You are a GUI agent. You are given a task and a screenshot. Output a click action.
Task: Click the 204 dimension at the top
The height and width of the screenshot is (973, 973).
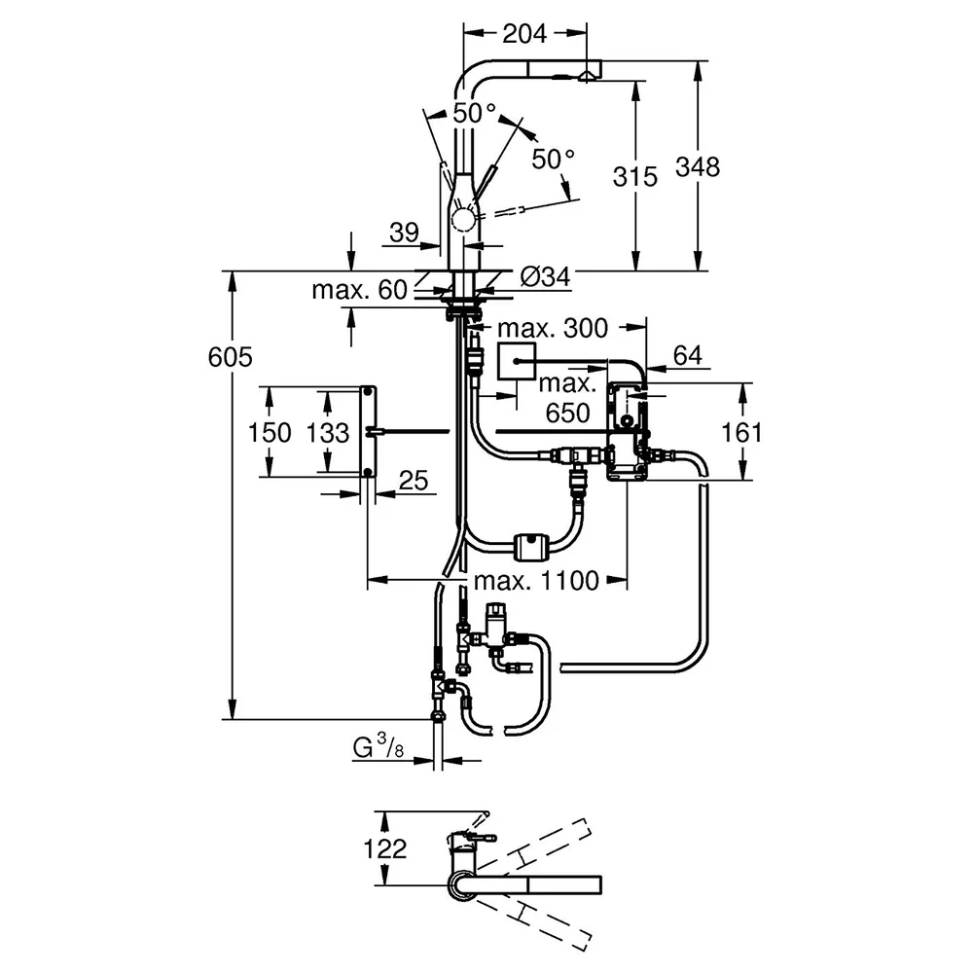point(524,33)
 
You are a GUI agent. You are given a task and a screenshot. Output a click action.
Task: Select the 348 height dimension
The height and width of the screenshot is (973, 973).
point(698,167)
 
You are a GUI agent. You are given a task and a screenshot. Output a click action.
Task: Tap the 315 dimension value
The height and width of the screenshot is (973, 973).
point(634,177)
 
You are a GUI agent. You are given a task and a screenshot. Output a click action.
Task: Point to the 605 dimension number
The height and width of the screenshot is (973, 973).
point(231,357)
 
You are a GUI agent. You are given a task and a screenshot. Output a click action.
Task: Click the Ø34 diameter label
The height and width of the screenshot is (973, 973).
point(545,277)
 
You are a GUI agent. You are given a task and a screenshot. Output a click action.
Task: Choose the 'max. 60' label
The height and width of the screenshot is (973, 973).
point(359,290)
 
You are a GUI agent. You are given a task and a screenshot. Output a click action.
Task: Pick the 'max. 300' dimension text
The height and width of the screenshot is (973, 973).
point(553,328)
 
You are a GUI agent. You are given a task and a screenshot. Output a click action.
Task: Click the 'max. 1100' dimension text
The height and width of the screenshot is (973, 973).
point(537,581)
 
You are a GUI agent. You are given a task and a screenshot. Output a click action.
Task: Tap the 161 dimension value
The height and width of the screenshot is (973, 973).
point(740,433)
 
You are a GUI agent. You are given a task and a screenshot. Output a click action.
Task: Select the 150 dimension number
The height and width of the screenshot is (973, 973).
point(270,433)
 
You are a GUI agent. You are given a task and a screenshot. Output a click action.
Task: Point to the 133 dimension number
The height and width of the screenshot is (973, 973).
point(328,433)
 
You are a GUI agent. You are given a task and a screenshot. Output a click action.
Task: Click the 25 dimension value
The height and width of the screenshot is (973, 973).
point(414,481)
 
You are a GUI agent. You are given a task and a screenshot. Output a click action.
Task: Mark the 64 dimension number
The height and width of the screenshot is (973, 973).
point(688,355)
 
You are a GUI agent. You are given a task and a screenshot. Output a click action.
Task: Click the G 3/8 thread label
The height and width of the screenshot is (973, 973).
point(378,747)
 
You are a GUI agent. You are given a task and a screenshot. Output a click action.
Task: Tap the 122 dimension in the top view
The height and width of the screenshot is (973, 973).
point(384,848)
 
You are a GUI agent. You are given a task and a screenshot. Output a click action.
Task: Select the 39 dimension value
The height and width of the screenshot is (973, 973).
point(404,233)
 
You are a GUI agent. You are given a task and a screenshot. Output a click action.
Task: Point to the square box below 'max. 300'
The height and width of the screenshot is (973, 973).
point(517,360)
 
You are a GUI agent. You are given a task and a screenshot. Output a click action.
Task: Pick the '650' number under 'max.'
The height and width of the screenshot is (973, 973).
point(568,413)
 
